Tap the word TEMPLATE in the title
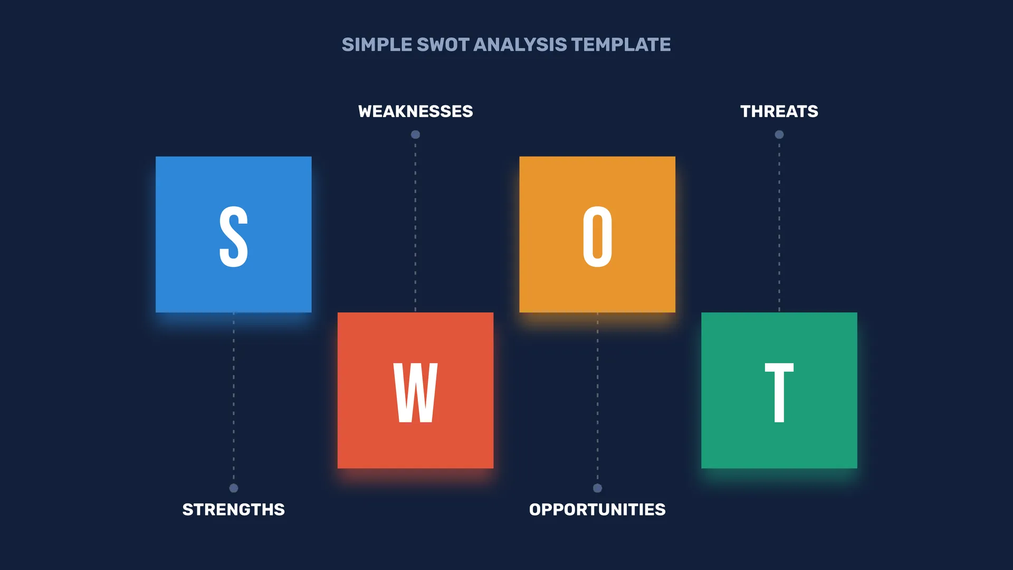pos(621,45)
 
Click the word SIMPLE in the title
pos(377,45)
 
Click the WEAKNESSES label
pos(416,111)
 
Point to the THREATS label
pos(779,111)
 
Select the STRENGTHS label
pos(234,509)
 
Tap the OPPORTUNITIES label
pos(597,509)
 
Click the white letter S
pos(234,236)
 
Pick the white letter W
pos(416,393)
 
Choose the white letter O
pos(597,236)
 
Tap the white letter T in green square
pos(779,393)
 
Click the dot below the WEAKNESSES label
pos(416,135)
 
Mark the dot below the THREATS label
pos(779,135)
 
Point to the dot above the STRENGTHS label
pos(234,488)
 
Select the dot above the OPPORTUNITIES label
pos(597,488)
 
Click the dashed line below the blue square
pos(234,398)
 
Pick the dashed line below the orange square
pos(597,398)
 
